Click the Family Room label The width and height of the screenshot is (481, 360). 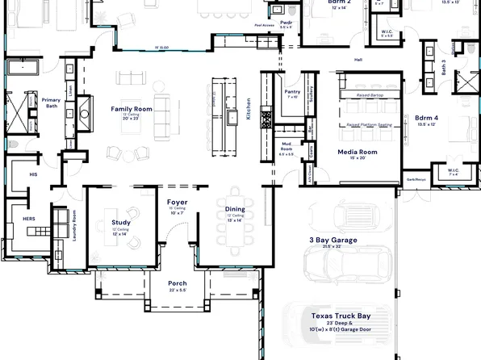[132, 108]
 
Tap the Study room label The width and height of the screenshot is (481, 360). [122, 222]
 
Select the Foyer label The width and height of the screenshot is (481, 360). [178, 202]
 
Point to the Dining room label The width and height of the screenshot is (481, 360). [235, 209]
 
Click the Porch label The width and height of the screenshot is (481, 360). [178, 283]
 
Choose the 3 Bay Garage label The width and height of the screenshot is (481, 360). [333, 240]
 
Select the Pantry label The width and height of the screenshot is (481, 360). [292, 92]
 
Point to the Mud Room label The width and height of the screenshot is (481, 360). [286, 148]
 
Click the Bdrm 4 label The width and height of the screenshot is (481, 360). [426, 119]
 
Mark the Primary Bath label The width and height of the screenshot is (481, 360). [52, 102]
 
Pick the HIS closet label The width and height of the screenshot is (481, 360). [33, 174]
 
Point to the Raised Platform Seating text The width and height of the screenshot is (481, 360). [369, 125]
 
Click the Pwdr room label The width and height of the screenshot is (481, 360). [287, 23]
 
